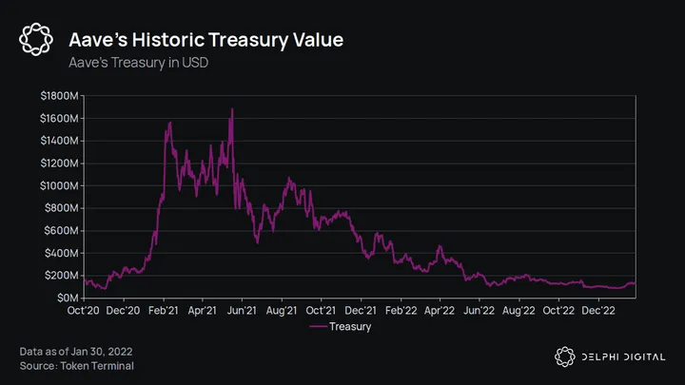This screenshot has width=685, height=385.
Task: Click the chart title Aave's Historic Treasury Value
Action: tap(206, 40)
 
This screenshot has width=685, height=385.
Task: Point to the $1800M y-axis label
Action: tap(60, 96)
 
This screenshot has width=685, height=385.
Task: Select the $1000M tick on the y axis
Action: tap(60, 185)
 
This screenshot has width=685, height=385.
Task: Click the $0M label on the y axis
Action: tap(66, 298)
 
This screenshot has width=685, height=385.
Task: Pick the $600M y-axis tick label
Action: tap(62, 230)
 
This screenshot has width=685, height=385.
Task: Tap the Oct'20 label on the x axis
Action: tap(84, 311)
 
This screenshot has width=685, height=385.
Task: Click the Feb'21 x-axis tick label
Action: tap(164, 311)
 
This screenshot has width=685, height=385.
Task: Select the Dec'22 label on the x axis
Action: tap(597, 311)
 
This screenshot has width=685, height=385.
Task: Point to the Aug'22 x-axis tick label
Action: tap(518, 311)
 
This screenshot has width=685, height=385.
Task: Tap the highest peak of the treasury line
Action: tap(232, 109)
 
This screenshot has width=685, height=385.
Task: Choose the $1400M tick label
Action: tap(60, 141)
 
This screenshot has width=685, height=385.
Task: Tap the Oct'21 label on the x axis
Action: tap(321, 311)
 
